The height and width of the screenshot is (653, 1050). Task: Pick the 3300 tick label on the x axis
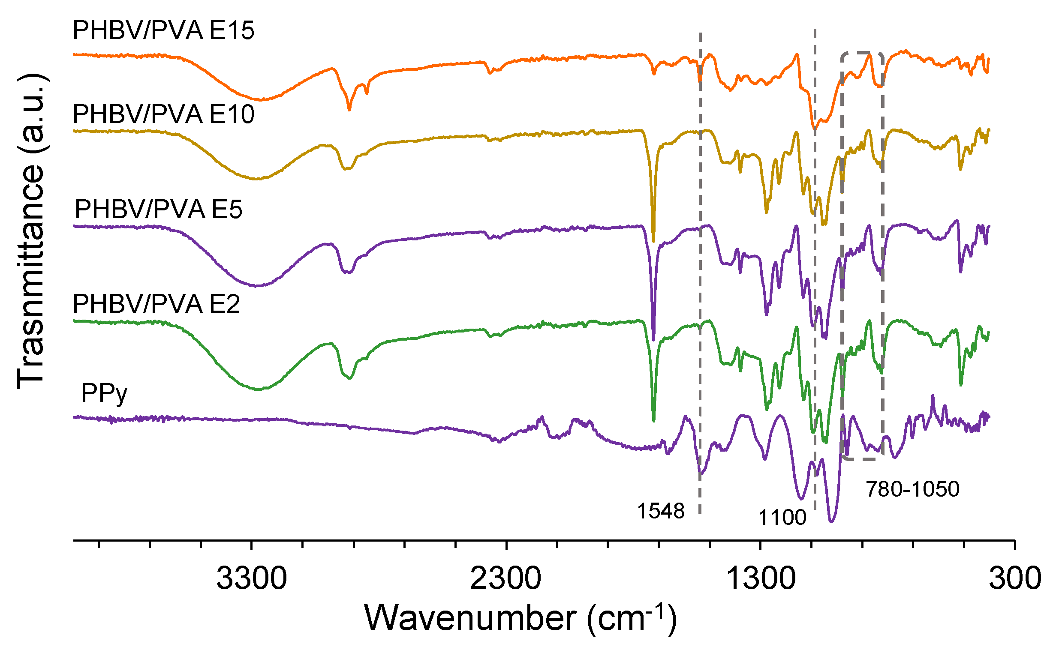click(x=252, y=579)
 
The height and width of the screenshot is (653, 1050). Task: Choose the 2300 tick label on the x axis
click(x=505, y=579)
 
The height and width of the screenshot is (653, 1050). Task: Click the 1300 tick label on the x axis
click(x=761, y=579)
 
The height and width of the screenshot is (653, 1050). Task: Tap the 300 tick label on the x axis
click(x=1014, y=579)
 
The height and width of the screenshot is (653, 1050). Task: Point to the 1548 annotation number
click(x=661, y=511)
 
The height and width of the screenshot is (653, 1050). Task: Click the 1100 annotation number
click(x=782, y=518)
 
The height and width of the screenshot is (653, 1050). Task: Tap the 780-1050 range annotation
click(x=913, y=489)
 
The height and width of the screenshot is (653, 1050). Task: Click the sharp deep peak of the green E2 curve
click(x=653, y=421)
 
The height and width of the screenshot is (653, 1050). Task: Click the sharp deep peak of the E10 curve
click(x=653, y=241)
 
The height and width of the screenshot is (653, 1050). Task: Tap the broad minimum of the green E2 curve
click(x=258, y=389)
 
